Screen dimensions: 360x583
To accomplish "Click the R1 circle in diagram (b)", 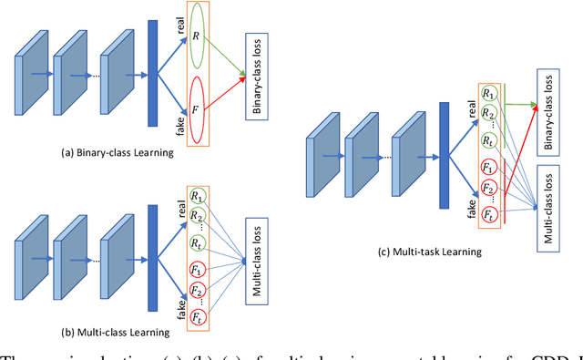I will pos(198,197).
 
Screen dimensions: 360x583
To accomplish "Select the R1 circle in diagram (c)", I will pos(491,94).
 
